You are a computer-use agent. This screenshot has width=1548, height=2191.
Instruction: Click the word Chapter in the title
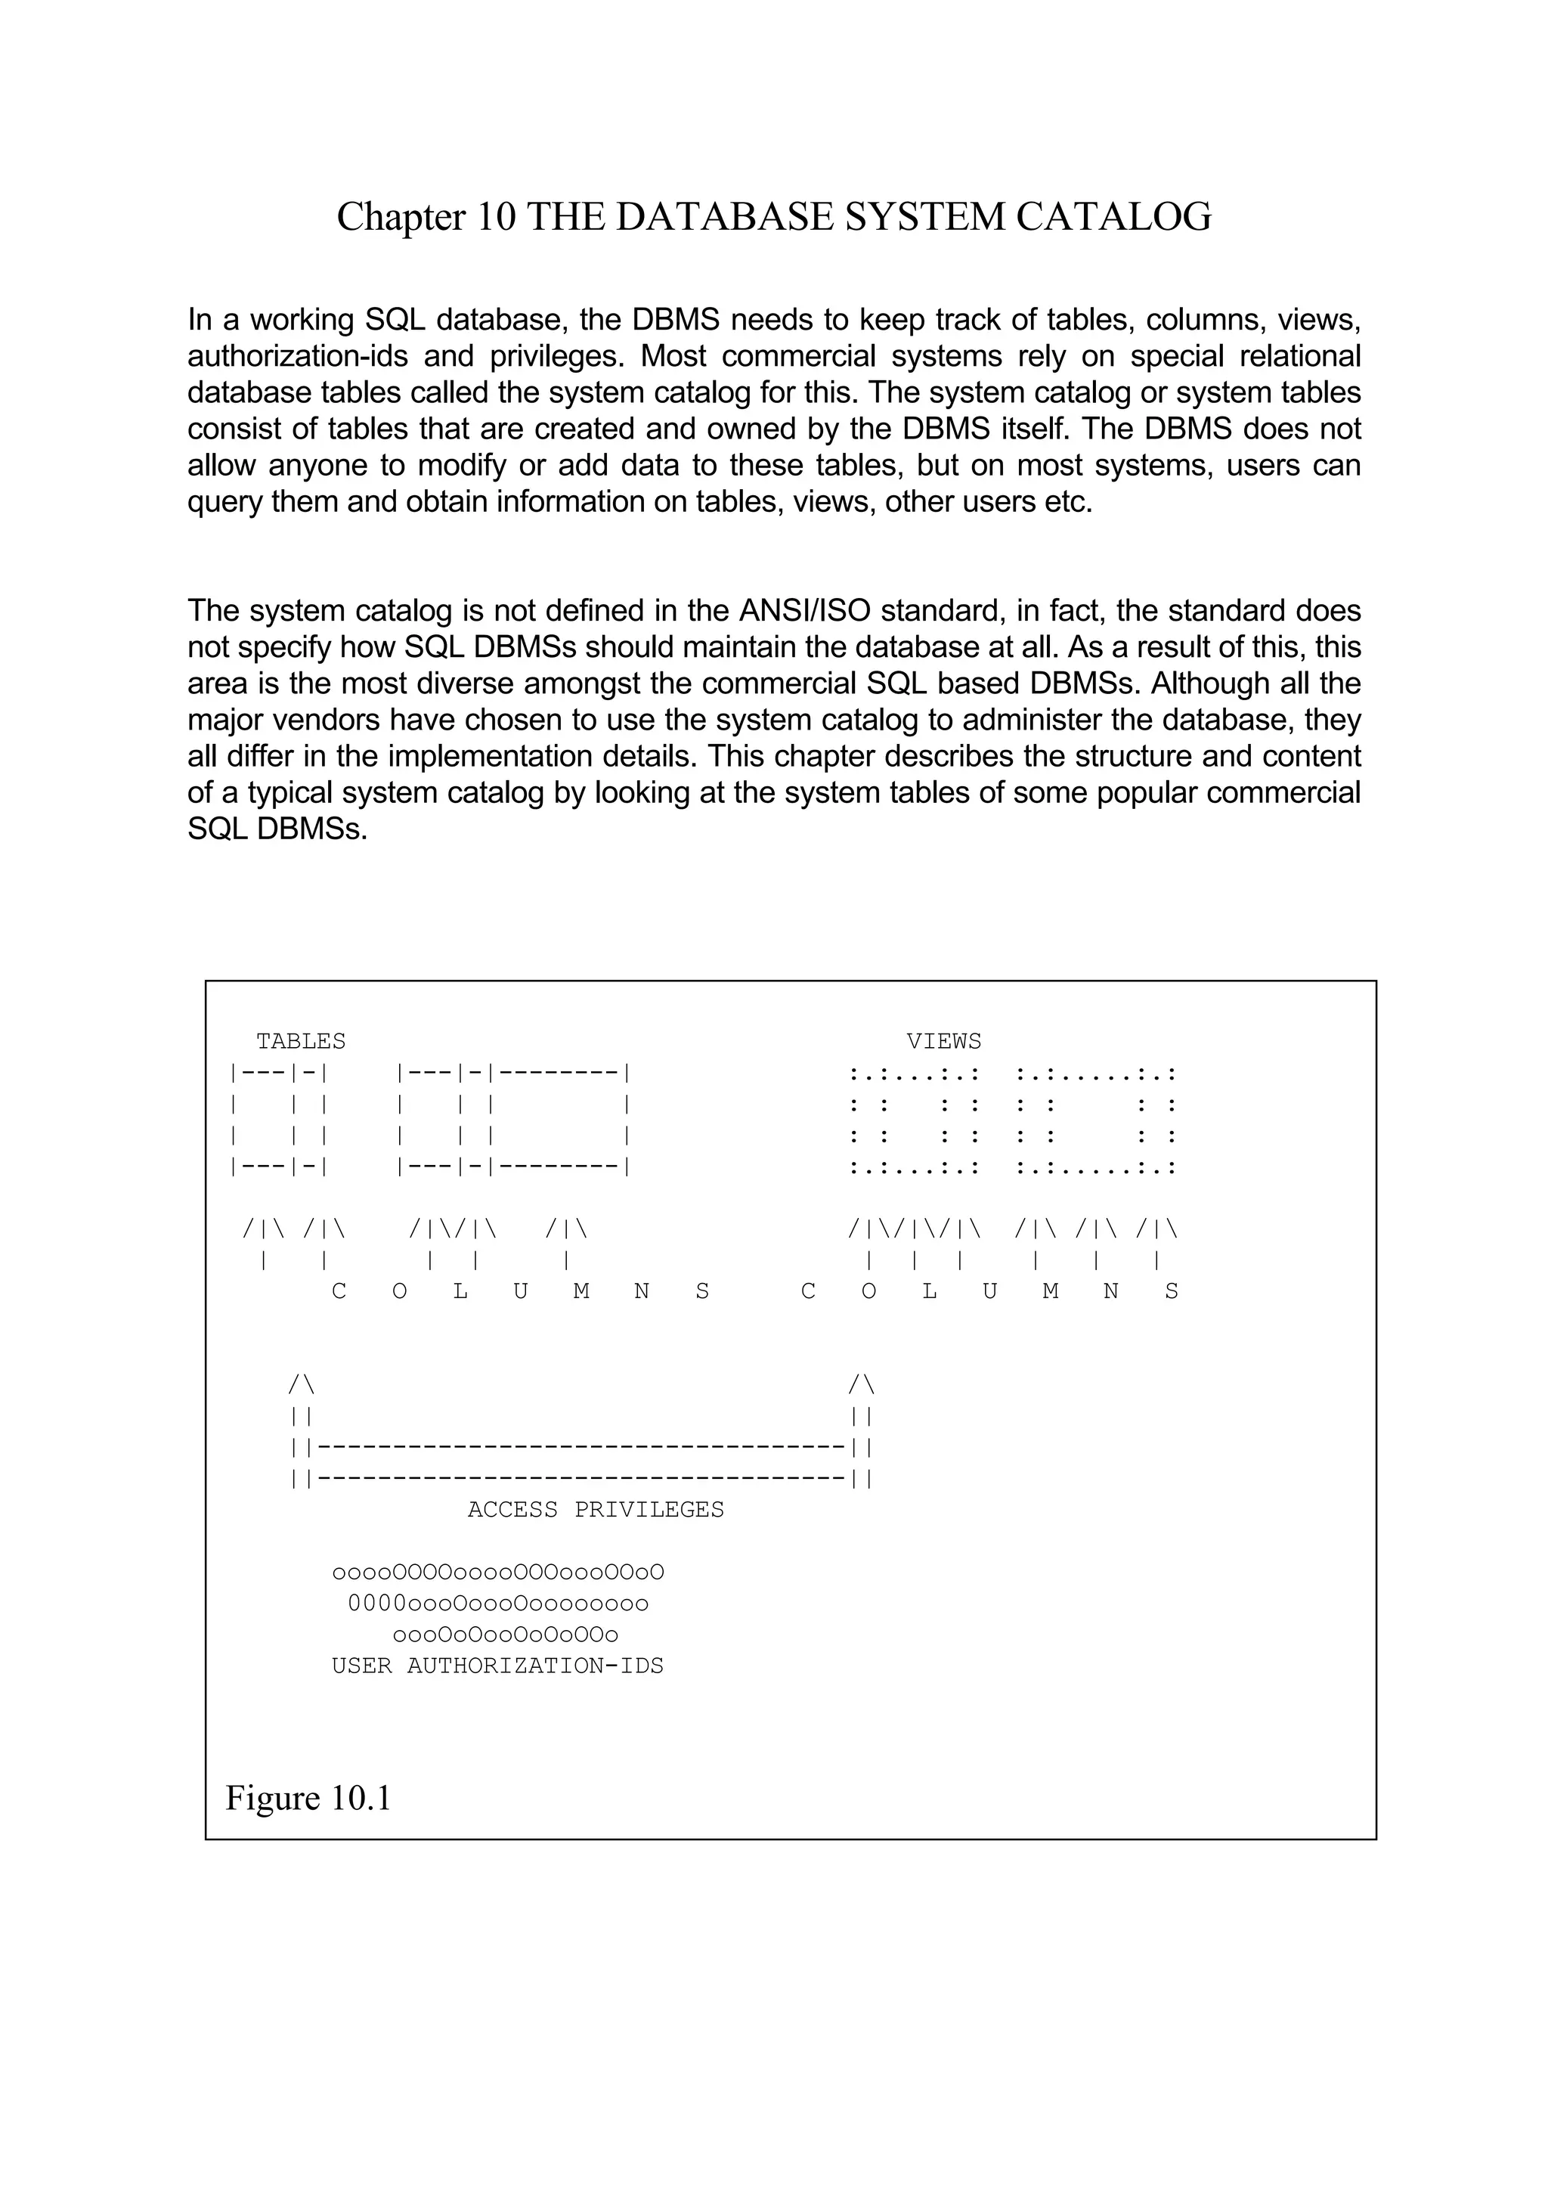point(401,218)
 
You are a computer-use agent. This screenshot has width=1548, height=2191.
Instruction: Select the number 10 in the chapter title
point(496,218)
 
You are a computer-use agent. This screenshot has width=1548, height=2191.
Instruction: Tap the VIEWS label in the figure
point(943,1041)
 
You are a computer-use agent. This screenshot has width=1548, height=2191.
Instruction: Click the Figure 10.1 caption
point(308,1798)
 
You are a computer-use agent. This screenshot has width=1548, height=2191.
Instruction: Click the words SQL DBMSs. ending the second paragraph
point(277,829)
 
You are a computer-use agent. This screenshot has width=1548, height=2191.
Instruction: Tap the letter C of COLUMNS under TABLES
point(339,1292)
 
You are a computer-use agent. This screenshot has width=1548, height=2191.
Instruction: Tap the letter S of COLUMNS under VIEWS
point(1172,1292)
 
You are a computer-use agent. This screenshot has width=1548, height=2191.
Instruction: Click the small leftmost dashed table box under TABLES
point(278,1120)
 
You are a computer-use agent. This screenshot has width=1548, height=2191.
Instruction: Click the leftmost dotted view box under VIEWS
point(914,1120)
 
